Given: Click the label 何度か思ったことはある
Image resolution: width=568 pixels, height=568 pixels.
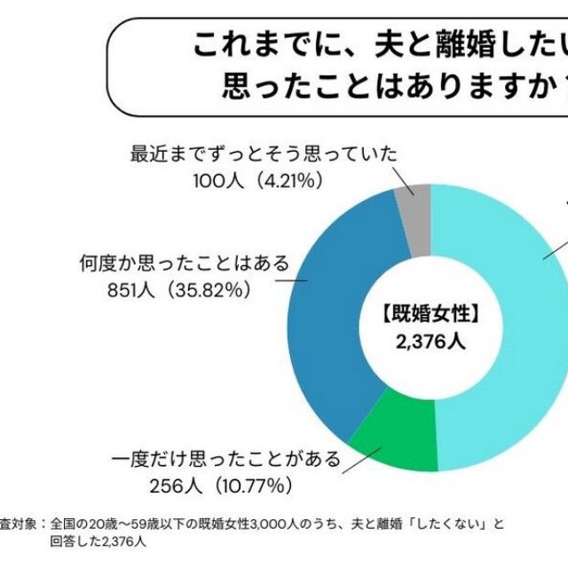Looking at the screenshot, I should [x=185, y=264].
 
